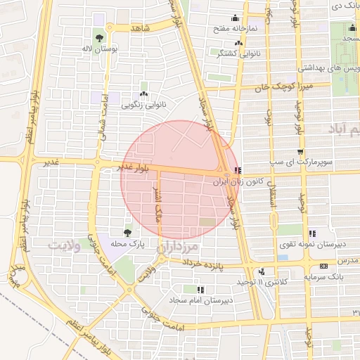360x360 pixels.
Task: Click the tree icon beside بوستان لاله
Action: [100, 39]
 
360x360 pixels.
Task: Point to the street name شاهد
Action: [140, 27]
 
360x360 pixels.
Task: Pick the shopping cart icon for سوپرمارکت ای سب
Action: [301, 152]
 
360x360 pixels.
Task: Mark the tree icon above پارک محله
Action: [127, 232]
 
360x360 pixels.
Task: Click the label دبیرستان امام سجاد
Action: [201, 300]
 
